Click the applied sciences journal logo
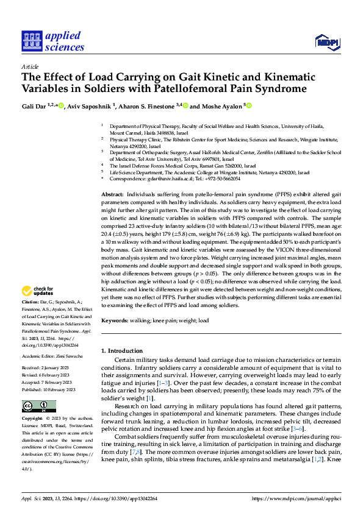point(53,40)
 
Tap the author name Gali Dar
point(34,105)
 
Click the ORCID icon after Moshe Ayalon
point(249,105)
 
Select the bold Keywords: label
point(117,320)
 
